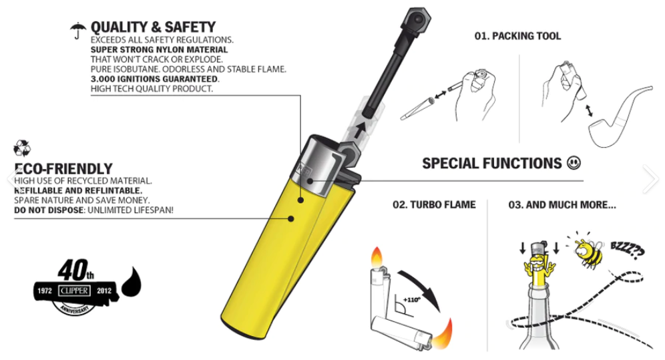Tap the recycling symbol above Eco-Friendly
pyautogui.click(x=22, y=148)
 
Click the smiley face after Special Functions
pyautogui.click(x=574, y=163)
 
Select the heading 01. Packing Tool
pyautogui.click(x=517, y=36)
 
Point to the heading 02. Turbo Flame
pyautogui.click(x=434, y=205)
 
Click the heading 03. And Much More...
pyautogui.click(x=562, y=205)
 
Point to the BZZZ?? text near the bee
pyautogui.click(x=627, y=250)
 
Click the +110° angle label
pyautogui.click(x=411, y=300)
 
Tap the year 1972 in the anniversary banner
pyautogui.click(x=45, y=291)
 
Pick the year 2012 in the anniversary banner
pyautogui.click(x=104, y=291)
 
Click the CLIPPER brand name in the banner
pyautogui.click(x=74, y=291)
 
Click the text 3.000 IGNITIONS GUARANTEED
pyautogui.click(x=154, y=79)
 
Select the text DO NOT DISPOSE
pyautogui.click(x=49, y=210)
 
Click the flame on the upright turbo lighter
pyautogui.click(x=377, y=256)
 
